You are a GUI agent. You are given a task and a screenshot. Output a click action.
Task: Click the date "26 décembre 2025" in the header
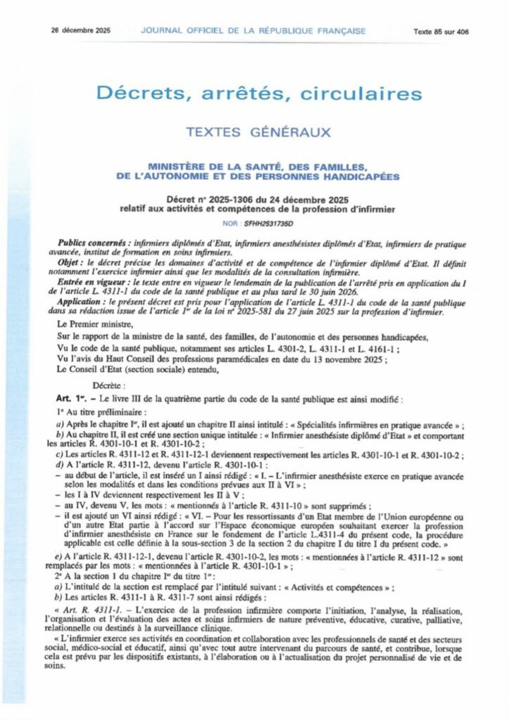coord(77,31)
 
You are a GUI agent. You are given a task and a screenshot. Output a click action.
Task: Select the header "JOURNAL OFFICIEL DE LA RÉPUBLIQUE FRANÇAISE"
coord(253,31)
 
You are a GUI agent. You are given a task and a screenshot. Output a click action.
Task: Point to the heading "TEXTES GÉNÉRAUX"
coord(254,132)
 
